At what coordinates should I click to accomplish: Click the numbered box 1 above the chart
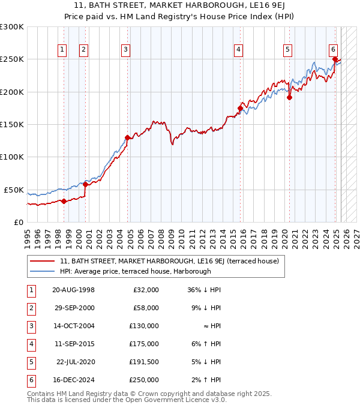tap(62, 50)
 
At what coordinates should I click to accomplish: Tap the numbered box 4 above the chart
tap(238, 50)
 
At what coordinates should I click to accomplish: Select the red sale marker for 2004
tap(127, 137)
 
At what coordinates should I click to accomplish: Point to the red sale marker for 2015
tap(240, 109)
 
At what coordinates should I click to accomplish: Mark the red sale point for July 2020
tap(289, 98)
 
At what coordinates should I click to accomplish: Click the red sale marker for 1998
tap(64, 201)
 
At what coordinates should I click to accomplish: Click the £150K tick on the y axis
tap(12, 124)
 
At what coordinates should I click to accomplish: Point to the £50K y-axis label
tap(14, 190)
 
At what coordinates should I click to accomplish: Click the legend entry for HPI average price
tap(135, 271)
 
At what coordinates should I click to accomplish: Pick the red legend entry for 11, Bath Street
tap(169, 261)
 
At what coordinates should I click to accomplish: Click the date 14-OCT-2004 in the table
tap(74, 326)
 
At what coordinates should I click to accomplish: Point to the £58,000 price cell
tap(146, 308)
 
